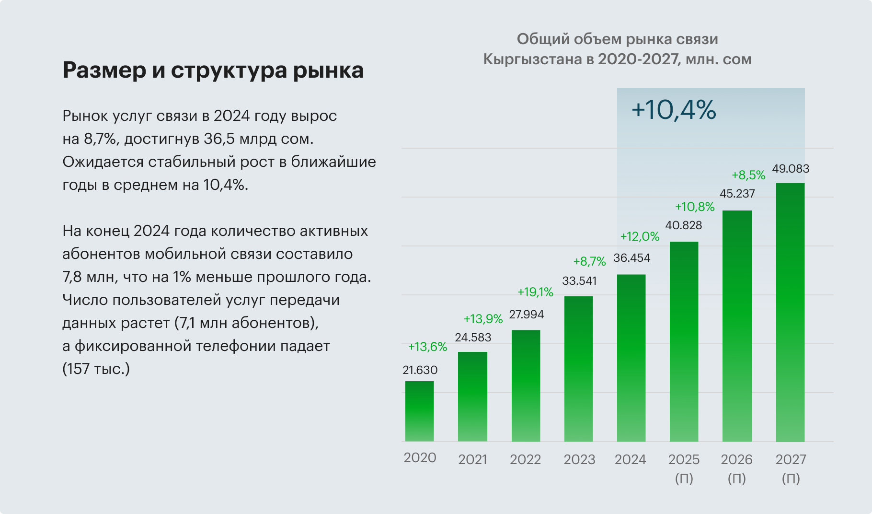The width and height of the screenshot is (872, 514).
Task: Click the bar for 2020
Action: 420,411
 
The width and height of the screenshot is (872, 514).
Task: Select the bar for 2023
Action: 579,369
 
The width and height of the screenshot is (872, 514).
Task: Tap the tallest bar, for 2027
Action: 790,312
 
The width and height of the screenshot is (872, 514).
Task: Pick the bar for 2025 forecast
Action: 684,341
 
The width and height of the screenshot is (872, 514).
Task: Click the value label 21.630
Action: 420,370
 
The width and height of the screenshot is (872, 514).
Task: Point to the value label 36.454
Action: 632,258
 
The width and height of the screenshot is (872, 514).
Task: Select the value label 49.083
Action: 791,169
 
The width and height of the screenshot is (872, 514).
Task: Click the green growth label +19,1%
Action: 535,292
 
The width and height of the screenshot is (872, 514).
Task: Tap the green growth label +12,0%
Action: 640,236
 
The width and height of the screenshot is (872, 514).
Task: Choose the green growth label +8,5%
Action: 748,175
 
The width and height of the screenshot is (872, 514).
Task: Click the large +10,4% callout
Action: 674,110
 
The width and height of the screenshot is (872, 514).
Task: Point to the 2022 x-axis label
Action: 525,459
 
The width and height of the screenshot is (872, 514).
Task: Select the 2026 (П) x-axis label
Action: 737,468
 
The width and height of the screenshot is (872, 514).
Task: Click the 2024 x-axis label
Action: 631,459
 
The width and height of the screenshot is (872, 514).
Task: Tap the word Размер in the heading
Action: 104,70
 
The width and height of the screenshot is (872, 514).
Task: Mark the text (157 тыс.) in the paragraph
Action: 96,369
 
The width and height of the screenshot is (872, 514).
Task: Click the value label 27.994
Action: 527,315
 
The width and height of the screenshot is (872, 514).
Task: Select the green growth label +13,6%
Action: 427,347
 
